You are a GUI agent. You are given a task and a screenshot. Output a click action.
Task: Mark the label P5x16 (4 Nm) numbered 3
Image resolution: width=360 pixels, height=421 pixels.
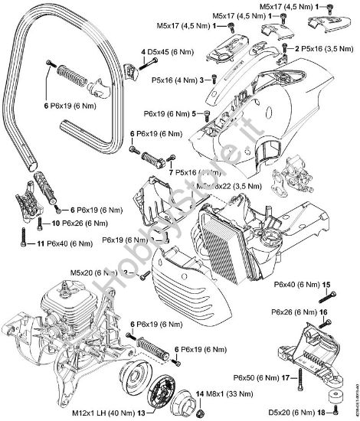point(175,79)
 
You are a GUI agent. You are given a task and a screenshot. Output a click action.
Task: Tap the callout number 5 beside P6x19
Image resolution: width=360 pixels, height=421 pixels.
point(206,114)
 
